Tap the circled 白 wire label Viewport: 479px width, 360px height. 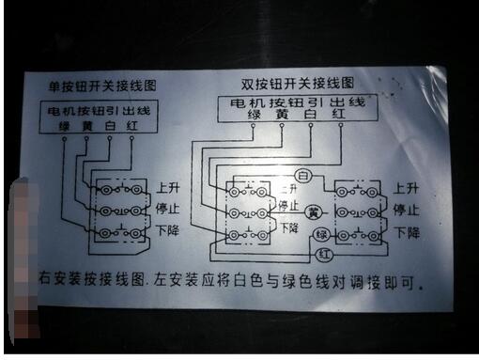pos(303,176)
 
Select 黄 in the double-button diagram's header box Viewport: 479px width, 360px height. pos(280,116)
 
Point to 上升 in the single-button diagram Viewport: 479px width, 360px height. pos(169,187)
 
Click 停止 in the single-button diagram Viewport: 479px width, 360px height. pos(169,208)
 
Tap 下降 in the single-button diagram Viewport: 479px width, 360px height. pos(169,230)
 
